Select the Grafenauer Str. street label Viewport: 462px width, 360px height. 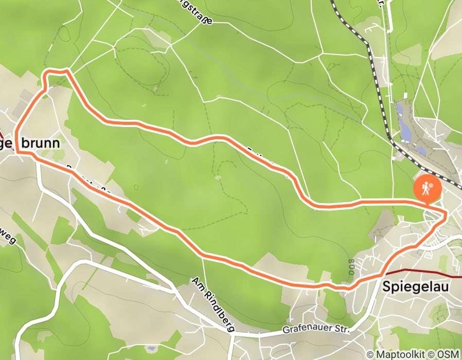pos(316,328)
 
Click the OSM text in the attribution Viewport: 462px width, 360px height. pos(449,354)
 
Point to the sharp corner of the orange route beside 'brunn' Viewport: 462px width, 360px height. pos(17,152)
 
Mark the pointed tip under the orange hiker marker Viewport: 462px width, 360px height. pos(427,203)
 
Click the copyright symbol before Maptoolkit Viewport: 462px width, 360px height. pos(370,354)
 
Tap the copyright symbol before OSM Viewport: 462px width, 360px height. pos(434,354)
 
